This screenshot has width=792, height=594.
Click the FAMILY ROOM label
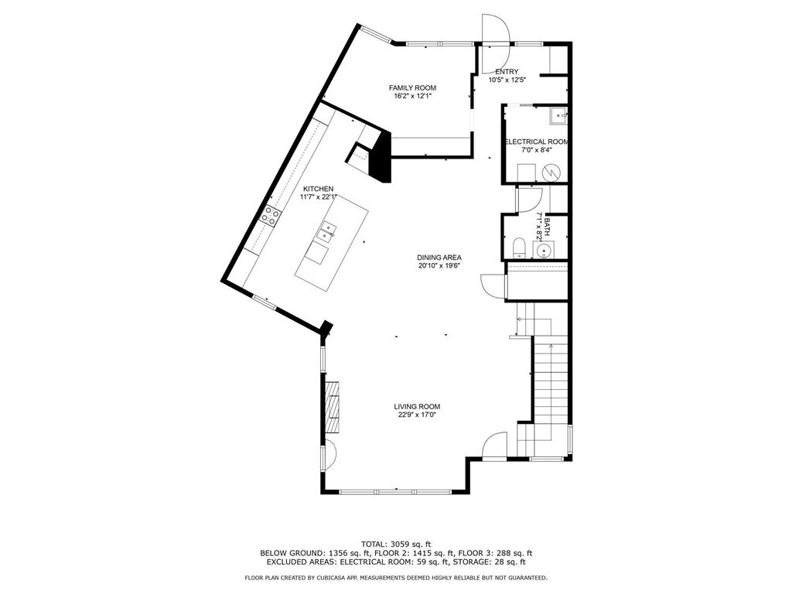click(412, 88)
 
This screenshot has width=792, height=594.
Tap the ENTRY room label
click(507, 72)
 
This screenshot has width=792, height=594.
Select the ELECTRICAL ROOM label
click(537, 142)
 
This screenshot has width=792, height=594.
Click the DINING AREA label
click(439, 257)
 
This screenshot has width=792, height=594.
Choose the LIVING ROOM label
click(417, 407)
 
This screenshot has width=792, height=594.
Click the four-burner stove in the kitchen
click(270, 217)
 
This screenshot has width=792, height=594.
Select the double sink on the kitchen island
click(327, 230)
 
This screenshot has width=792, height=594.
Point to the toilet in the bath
click(519, 248)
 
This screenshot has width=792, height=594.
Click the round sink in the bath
click(544, 250)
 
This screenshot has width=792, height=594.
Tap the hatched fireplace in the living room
click(333, 407)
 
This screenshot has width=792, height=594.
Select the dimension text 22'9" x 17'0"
click(417, 415)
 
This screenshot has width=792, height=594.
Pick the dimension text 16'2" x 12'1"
click(413, 96)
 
